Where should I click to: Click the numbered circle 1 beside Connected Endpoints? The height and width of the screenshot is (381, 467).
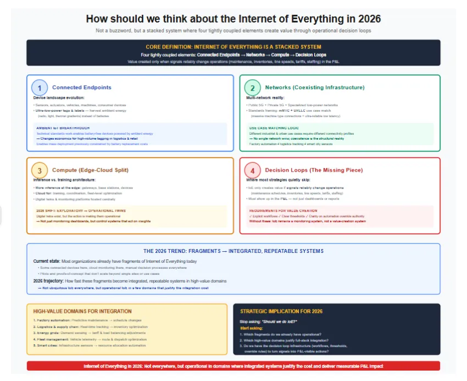(x=40, y=87)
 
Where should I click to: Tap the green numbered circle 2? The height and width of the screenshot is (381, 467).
(x=252, y=87)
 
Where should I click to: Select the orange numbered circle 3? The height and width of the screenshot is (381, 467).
(x=40, y=170)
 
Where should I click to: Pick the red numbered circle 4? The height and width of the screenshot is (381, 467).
(x=252, y=170)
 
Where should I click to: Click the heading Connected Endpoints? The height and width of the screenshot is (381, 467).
(x=81, y=87)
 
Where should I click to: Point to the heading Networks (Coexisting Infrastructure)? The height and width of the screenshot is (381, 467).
(x=314, y=87)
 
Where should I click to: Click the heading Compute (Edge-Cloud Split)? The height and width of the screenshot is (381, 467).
(x=90, y=170)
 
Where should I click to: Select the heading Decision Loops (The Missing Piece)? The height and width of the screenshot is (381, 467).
(x=314, y=170)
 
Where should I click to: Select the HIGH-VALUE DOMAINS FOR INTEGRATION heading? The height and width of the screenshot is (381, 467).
(x=82, y=311)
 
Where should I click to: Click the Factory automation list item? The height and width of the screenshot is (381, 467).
(x=52, y=320)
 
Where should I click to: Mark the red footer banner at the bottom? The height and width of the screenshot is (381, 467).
(x=233, y=366)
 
